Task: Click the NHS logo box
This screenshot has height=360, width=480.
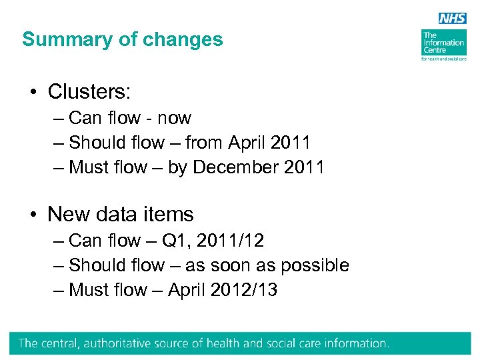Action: (x=453, y=19)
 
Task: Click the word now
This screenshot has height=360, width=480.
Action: (x=174, y=118)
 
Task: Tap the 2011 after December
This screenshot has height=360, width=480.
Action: (x=304, y=167)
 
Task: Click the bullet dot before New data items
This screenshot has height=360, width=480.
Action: (x=33, y=215)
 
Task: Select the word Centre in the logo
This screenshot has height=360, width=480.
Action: (x=433, y=50)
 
